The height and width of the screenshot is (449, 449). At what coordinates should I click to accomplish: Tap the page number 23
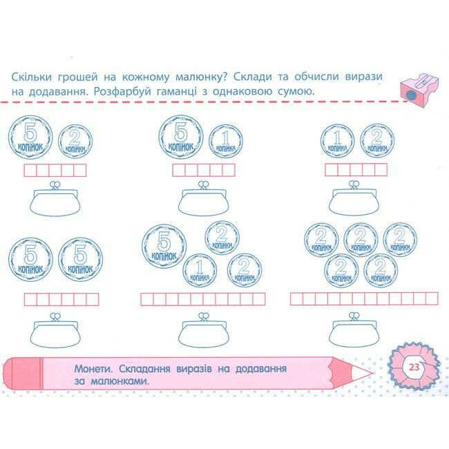click(414, 367)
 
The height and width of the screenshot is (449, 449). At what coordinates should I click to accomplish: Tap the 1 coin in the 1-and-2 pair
click(337, 141)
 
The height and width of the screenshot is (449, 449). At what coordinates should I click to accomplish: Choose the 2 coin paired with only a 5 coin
click(75, 141)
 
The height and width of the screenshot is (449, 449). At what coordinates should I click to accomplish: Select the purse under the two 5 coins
click(54, 331)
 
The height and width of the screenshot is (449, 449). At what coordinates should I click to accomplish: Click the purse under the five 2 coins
click(353, 331)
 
